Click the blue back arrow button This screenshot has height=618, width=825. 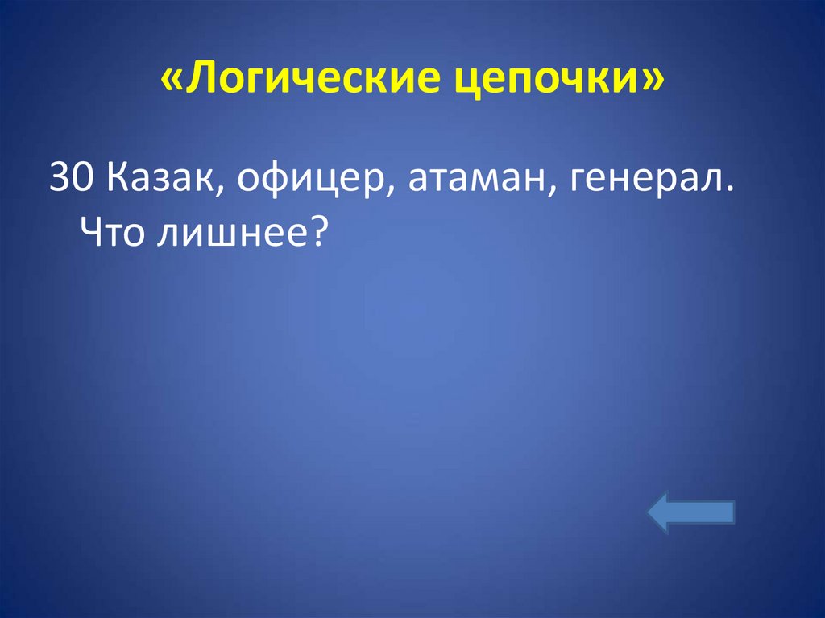point(691,514)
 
